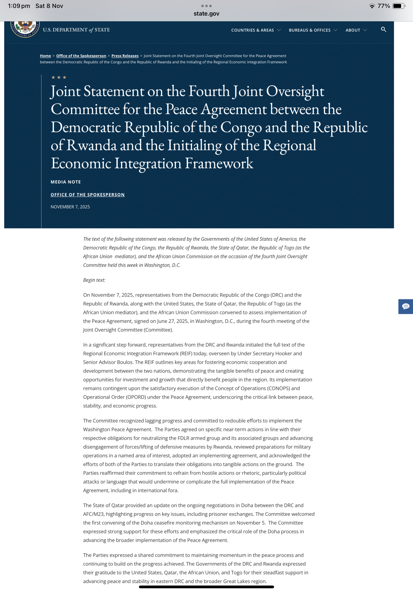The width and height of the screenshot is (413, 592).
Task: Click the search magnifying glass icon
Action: click(x=383, y=30)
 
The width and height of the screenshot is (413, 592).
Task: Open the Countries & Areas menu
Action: click(x=256, y=30)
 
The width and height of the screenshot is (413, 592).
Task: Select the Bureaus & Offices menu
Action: click(x=312, y=30)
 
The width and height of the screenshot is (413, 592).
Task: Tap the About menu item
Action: click(x=356, y=30)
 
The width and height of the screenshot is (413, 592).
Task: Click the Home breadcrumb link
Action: click(x=45, y=56)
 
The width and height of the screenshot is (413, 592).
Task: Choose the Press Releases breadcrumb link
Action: click(x=125, y=56)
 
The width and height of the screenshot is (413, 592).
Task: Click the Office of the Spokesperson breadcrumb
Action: click(x=81, y=56)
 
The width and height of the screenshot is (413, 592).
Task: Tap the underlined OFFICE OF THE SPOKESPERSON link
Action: click(x=88, y=195)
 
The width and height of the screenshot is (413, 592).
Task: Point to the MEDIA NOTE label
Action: click(x=66, y=182)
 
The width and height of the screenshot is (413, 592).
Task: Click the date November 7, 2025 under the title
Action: click(x=70, y=207)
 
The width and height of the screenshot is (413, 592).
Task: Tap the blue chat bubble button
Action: click(x=406, y=306)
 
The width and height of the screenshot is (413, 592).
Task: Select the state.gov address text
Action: click(x=206, y=14)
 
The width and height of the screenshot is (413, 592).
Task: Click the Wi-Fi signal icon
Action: click(x=372, y=6)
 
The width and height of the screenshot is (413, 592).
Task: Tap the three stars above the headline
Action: click(x=59, y=77)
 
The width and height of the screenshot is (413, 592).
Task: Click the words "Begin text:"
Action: click(x=94, y=280)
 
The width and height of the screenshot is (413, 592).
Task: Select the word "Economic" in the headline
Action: click(x=80, y=163)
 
